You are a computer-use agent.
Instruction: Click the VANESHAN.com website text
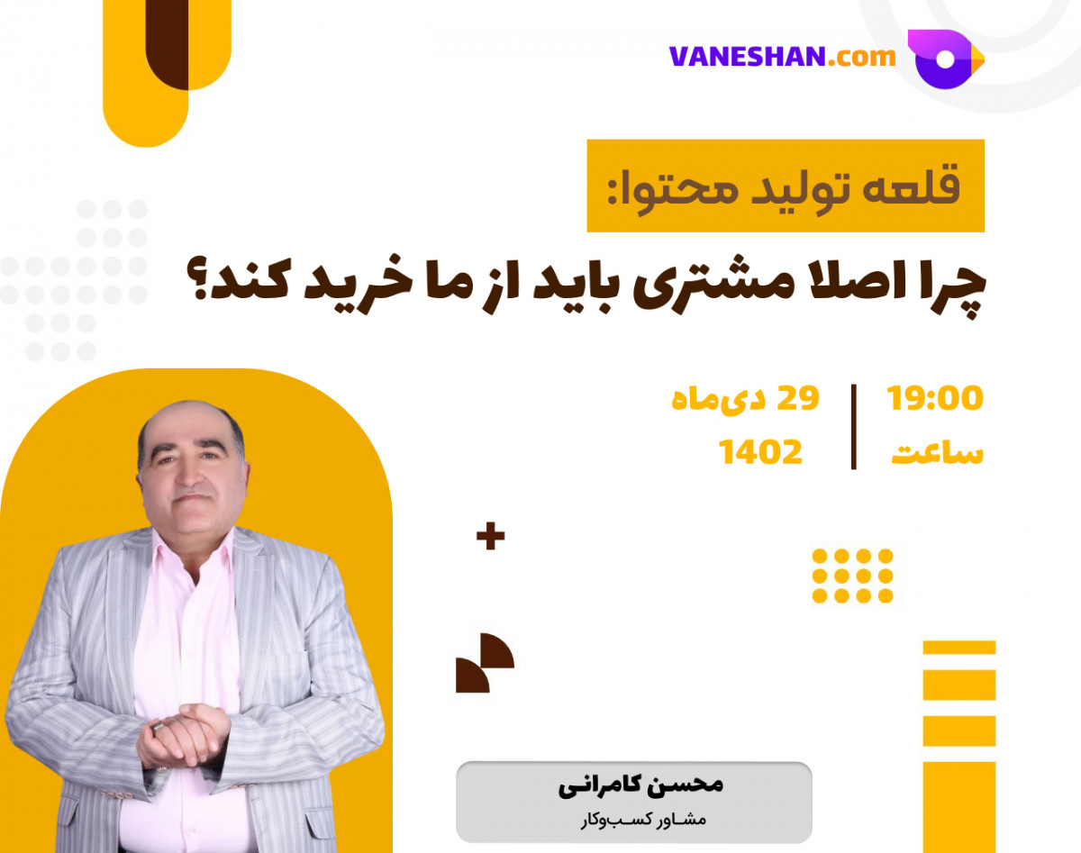tap(782, 57)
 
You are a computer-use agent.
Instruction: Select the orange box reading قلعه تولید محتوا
tap(785, 186)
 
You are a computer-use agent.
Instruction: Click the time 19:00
tap(935, 398)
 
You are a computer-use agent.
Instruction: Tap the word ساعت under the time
tap(937, 453)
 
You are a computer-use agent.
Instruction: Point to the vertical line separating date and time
tap(853, 426)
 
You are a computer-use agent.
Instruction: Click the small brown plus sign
tap(490, 538)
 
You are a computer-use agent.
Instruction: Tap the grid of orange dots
tap(852, 576)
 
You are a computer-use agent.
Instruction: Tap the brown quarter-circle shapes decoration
tap(484, 663)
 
